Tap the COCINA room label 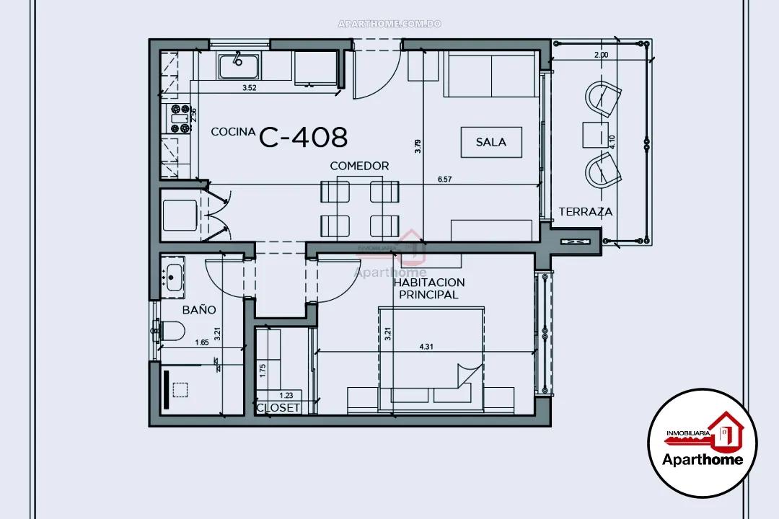pyautogui.click(x=232, y=132)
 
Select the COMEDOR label pyautogui.click(x=359, y=166)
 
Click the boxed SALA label pyautogui.click(x=490, y=142)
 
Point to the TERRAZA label pyautogui.click(x=585, y=212)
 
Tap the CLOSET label pyautogui.click(x=278, y=407)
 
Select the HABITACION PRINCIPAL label pyautogui.click(x=429, y=288)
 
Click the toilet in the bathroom pyautogui.click(x=172, y=331)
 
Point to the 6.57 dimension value pyautogui.click(x=445, y=180)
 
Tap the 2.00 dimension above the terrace pyautogui.click(x=600, y=55)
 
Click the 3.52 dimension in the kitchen pyautogui.click(x=250, y=88)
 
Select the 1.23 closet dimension pyautogui.click(x=286, y=395)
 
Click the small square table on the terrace pyautogui.click(x=595, y=135)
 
